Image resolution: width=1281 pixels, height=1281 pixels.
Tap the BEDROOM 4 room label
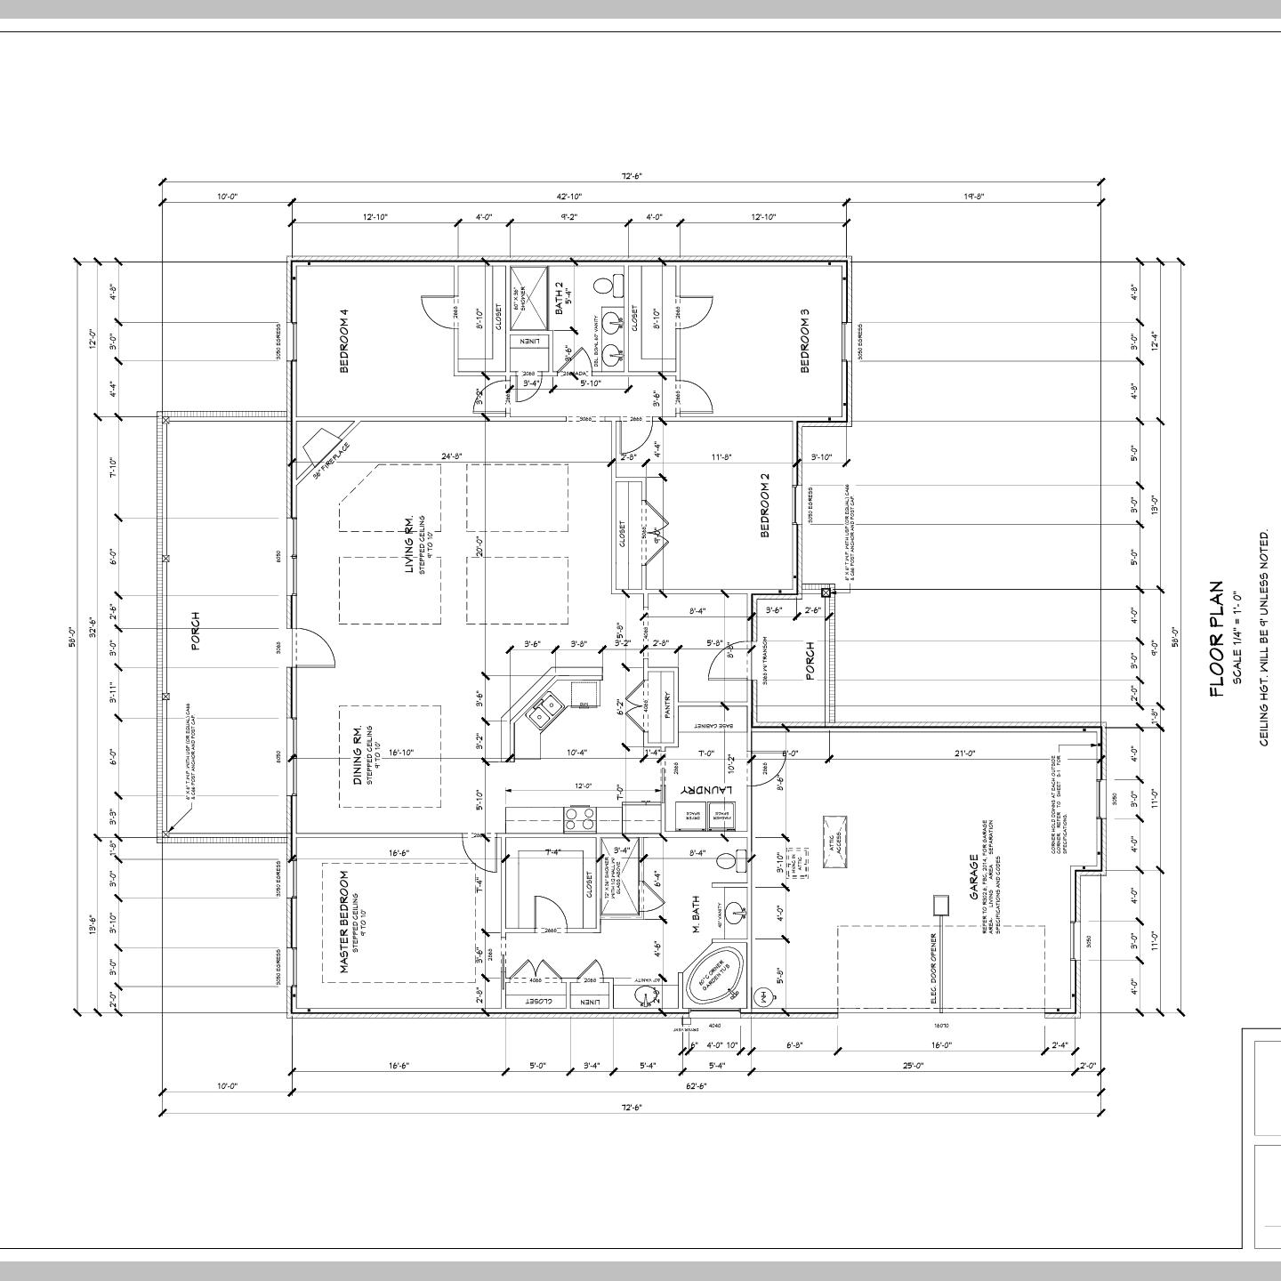point(343,341)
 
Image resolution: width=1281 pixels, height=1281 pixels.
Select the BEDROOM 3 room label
point(805,341)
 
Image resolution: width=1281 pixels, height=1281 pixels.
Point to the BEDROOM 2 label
point(764,505)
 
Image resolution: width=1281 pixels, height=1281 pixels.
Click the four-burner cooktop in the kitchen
point(580,817)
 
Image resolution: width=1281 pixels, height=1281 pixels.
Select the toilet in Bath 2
point(607,286)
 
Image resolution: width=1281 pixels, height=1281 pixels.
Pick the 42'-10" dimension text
point(569,197)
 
